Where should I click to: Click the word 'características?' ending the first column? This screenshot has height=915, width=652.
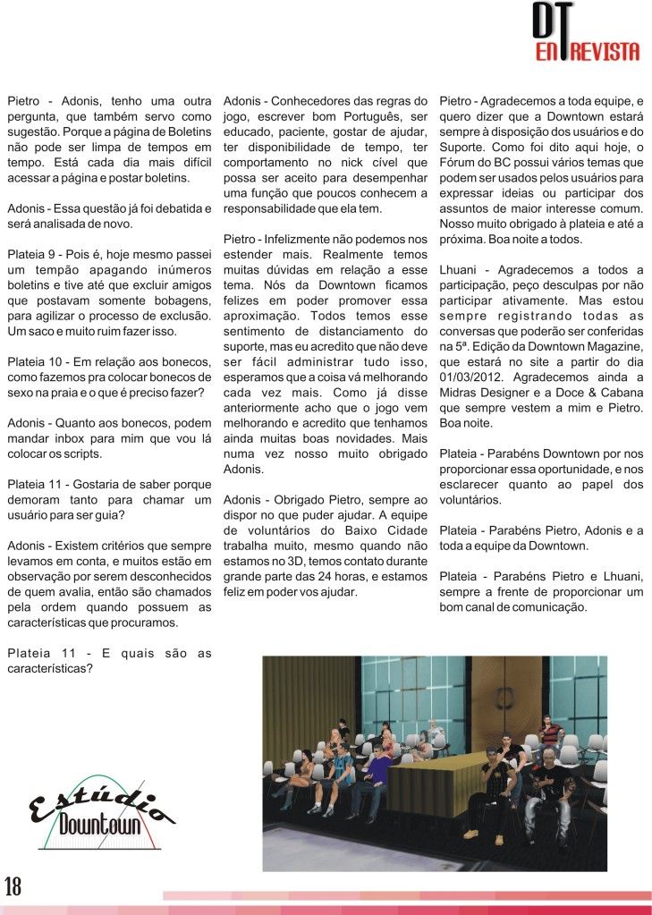pos(50,667)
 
